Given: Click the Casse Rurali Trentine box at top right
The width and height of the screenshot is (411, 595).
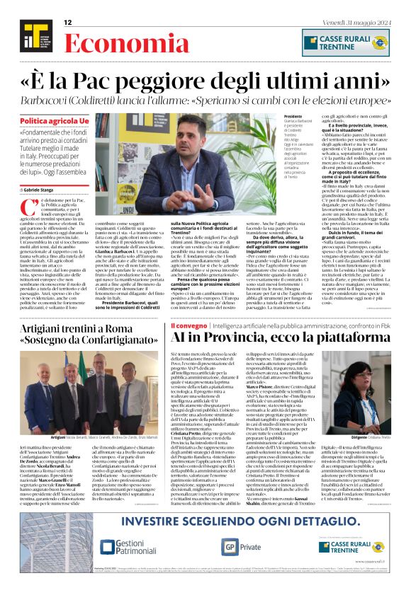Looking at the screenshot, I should (x=345, y=42).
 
